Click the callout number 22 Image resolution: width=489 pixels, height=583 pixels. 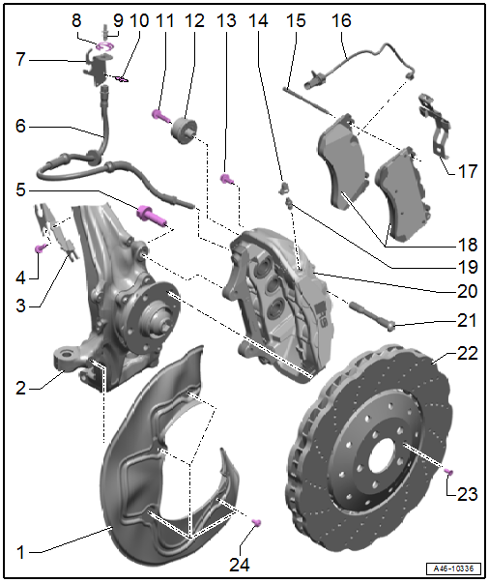468,353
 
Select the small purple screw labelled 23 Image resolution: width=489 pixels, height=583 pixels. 448,472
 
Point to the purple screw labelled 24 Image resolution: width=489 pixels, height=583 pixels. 256,522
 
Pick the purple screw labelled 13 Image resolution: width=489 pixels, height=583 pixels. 227,179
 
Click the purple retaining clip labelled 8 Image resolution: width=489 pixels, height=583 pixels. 105,47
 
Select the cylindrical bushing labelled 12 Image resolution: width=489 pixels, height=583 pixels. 184,131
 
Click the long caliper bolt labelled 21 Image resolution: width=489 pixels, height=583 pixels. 371,315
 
